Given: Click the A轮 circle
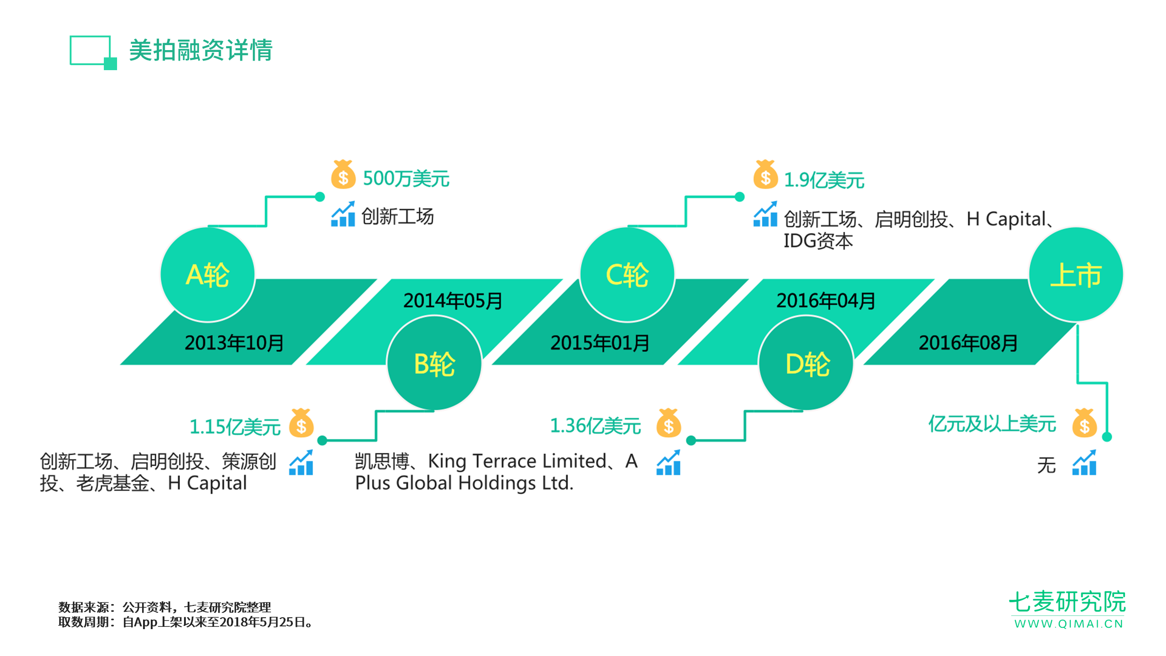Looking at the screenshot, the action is click(x=208, y=275).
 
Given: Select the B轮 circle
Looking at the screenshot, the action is click(x=434, y=364).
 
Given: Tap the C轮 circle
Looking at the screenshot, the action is click(x=627, y=275).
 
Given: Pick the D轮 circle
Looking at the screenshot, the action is click(x=806, y=364).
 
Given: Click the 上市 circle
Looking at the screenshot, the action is click(x=1076, y=275).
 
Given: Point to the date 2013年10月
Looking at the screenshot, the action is click(x=234, y=343).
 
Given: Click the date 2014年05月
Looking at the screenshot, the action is click(x=453, y=301).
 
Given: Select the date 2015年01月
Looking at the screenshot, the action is click(x=600, y=343).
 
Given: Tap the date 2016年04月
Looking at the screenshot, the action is click(x=826, y=301).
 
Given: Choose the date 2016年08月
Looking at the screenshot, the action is click(x=968, y=343).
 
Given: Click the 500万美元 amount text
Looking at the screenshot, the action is click(x=406, y=179).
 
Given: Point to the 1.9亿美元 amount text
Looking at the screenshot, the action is click(x=824, y=180).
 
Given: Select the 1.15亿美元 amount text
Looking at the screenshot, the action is click(x=235, y=427).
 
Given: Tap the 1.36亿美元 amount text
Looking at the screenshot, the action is click(x=596, y=426).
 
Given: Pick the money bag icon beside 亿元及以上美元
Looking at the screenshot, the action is click(x=1084, y=423).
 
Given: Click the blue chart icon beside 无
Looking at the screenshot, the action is click(x=1084, y=462).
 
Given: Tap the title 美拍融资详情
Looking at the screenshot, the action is click(x=201, y=50).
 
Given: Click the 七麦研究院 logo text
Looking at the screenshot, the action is click(x=1067, y=602).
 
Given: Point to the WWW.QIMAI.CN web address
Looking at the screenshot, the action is click(x=1069, y=624).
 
